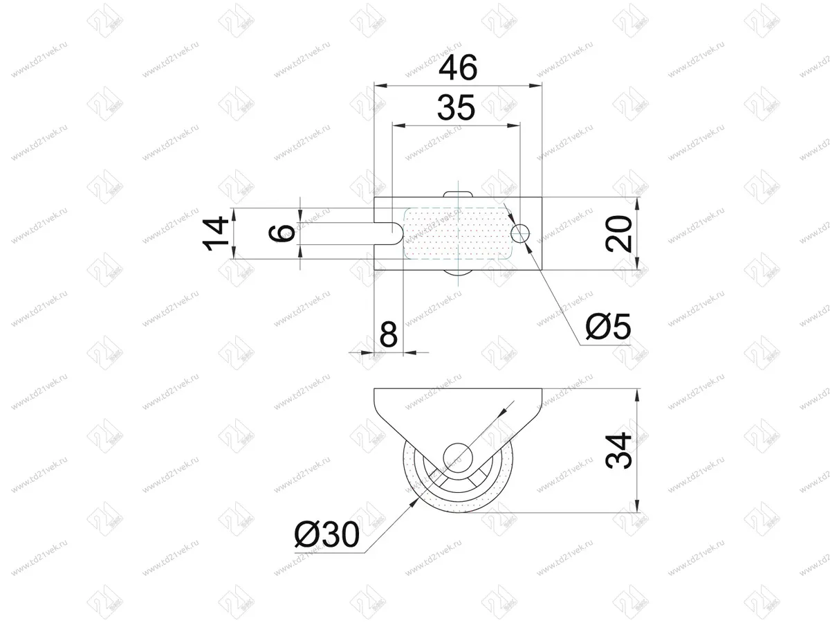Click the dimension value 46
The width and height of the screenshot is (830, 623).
pyautogui.click(x=457, y=69)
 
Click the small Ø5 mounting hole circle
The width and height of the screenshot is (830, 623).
pyautogui.click(x=522, y=233)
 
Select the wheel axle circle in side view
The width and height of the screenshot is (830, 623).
pyautogui.click(x=457, y=456)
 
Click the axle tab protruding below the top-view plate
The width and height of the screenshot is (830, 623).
pyautogui.click(x=458, y=274)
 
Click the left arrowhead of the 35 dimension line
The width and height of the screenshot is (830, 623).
pyautogui.click(x=398, y=126)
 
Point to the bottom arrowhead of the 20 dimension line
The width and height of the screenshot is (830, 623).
pyautogui.click(x=636, y=265)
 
